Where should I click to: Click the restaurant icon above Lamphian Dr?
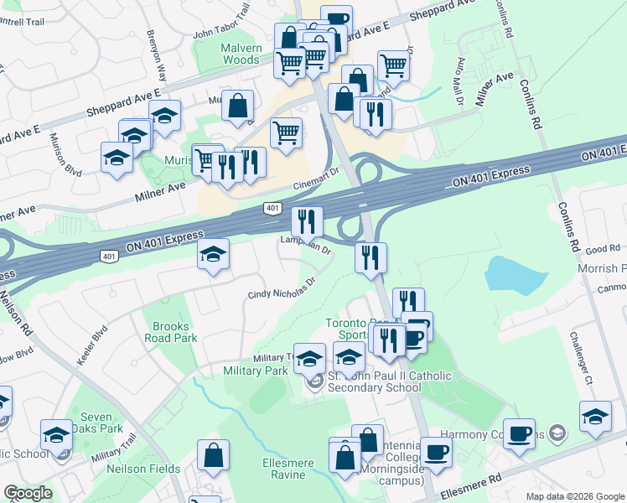coord(307,221)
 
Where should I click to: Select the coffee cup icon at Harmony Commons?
coord(520,433)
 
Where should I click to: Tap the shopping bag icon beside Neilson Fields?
coord(214,455)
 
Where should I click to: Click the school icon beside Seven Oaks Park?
coord(56,434)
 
